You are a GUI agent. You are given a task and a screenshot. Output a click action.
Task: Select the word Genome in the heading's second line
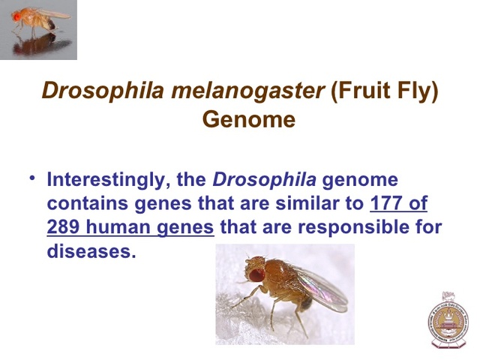(248, 119)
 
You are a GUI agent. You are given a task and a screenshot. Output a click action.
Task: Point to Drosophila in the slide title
(92, 90)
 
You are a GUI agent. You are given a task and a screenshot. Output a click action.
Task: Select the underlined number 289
(64, 227)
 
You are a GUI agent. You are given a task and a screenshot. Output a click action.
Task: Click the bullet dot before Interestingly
(33, 178)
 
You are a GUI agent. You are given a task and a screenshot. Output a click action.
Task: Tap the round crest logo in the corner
(447, 319)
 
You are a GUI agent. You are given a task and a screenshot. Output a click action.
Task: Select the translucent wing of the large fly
(322, 289)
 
